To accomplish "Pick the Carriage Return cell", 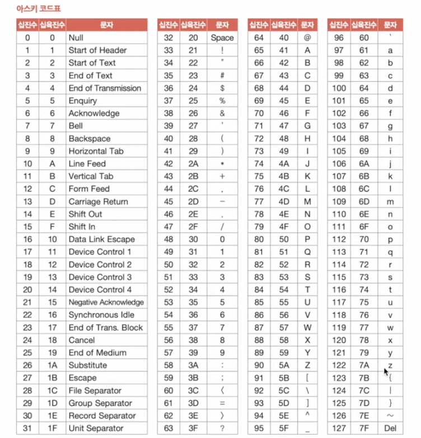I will (98, 202).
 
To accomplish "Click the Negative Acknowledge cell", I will (106, 302).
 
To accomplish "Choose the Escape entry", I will (82, 378).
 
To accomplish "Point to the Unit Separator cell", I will (96, 428).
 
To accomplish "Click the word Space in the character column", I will (222, 38).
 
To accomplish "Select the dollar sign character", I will (222, 88).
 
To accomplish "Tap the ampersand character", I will (222, 113).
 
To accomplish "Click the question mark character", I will (222, 428).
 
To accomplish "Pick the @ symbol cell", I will (307, 38).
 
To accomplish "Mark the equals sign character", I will (222, 403).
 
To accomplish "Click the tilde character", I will (390, 416).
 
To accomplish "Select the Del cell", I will (390, 428).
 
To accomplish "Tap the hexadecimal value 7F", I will (364, 428).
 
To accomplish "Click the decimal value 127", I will (339, 428).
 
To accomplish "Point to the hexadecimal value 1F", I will (52, 428).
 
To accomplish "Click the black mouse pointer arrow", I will (386, 372).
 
